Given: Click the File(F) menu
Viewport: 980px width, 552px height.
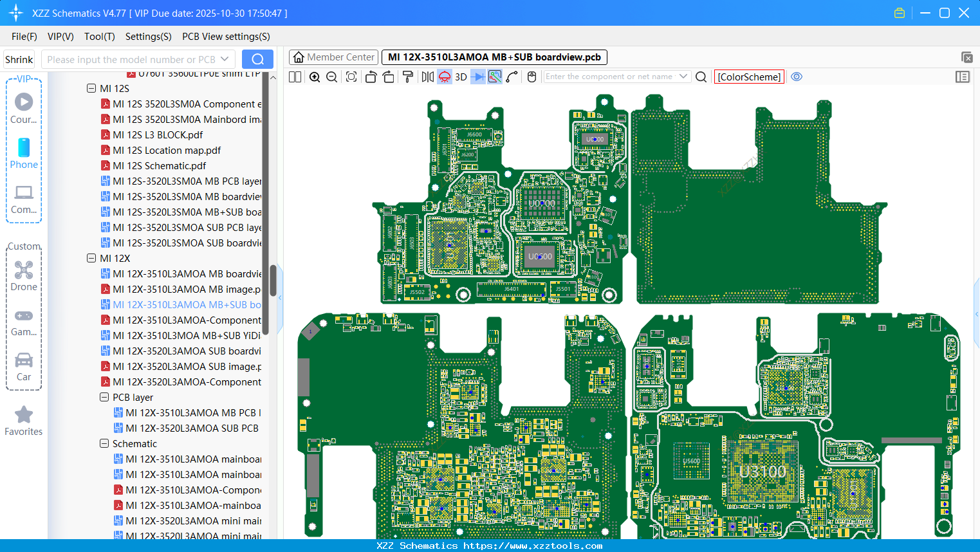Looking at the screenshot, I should point(24,37).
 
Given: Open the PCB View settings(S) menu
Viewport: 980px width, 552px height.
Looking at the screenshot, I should point(226,37).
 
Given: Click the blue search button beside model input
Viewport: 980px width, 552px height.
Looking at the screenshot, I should point(257,59).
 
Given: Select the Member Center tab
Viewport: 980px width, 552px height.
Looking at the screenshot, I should point(333,57).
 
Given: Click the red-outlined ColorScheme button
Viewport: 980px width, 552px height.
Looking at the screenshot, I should point(749,77).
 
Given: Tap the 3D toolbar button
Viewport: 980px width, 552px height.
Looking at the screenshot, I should point(461,77).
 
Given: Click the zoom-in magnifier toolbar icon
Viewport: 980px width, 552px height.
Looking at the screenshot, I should point(315,77).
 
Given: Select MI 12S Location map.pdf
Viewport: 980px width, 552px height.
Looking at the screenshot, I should point(166,150).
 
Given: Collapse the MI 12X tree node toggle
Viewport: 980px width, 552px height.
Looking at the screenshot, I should point(91,258).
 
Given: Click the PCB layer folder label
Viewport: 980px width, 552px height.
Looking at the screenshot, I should point(133,397).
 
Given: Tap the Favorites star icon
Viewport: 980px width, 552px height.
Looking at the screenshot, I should point(24,415).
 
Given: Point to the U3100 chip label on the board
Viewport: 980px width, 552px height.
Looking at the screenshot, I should point(763,472).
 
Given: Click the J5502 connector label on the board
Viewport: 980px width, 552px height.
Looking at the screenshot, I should point(417,292).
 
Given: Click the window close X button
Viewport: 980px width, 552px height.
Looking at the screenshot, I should point(964,13).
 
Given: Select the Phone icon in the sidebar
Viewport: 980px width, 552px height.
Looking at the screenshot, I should point(24,148).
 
